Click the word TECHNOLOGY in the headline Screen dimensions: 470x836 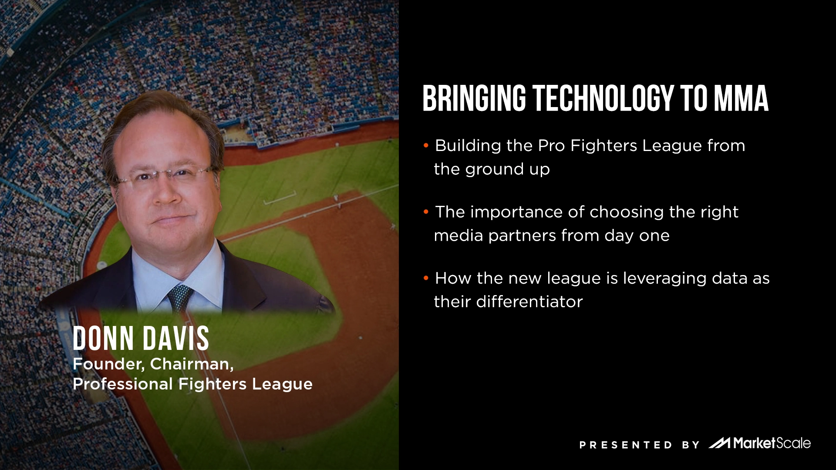click(x=603, y=98)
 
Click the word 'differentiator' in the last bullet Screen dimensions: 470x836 click(x=529, y=302)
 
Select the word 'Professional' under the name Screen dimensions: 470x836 click(x=123, y=384)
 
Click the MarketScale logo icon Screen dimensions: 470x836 click(x=719, y=443)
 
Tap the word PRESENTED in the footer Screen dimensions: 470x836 click(x=625, y=445)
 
